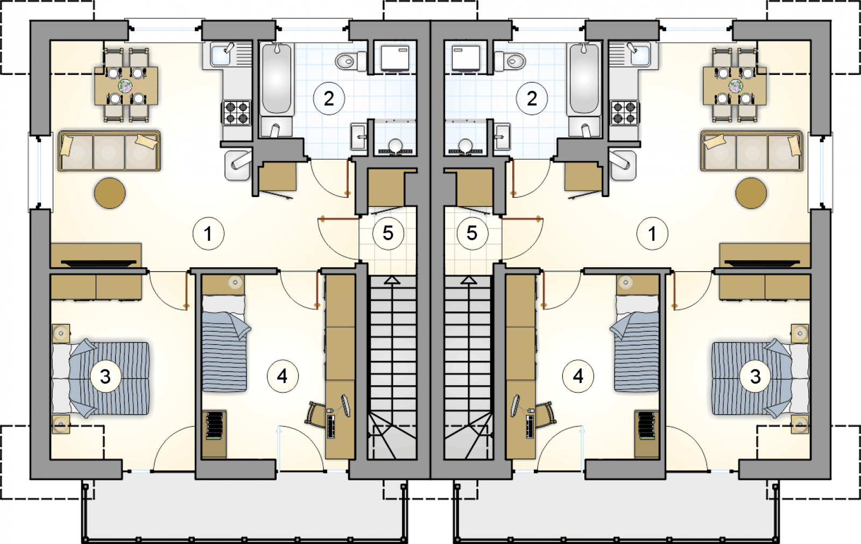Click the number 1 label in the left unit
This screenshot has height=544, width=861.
click(208, 234)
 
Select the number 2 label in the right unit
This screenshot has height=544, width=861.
click(532, 99)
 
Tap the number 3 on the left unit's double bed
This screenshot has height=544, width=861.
click(105, 376)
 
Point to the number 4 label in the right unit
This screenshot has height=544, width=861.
click(578, 376)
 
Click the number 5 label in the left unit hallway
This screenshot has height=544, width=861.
click(388, 233)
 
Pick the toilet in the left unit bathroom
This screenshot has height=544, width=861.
click(351, 61)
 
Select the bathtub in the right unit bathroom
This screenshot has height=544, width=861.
click(584, 78)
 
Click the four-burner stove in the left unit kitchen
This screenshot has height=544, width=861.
click(237, 113)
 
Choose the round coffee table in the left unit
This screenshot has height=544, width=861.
click(110, 193)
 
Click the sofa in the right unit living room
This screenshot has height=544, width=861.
click(751, 151)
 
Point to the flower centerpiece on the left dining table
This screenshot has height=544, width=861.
click(125, 86)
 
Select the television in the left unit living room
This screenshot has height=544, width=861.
click(99, 263)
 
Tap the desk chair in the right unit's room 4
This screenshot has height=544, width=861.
click(546, 415)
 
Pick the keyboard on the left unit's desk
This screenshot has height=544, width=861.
click(330, 426)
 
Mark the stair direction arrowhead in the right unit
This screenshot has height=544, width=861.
click(469, 280)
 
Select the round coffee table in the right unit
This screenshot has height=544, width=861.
click(751, 193)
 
